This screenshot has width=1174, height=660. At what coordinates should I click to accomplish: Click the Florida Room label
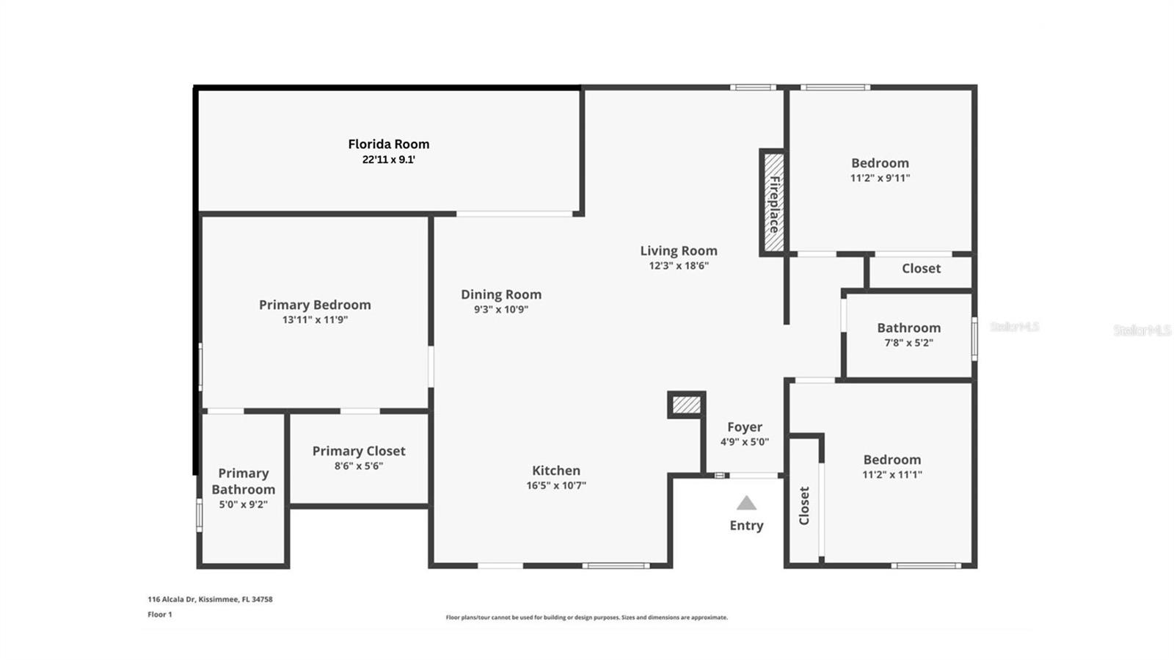pyautogui.click(x=388, y=144)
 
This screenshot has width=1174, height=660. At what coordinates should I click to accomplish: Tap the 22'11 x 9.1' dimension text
pyautogui.click(x=388, y=159)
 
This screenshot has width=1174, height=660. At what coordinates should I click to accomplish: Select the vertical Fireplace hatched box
pyautogui.click(x=773, y=203)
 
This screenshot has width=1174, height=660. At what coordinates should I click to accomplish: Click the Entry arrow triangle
pyautogui.click(x=746, y=503)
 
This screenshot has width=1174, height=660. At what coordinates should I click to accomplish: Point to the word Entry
pyautogui.click(x=746, y=525)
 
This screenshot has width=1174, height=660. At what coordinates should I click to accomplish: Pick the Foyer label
pyautogui.click(x=744, y=427)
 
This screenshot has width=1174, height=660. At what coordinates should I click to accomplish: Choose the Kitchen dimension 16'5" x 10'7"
pyautogui.click(x=555, y=485)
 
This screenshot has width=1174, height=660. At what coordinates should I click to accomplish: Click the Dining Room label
pyautogui.click(x=501, y=294)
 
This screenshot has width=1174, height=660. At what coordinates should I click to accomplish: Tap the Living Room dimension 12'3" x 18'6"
pyautogui.click(x=679, y=266)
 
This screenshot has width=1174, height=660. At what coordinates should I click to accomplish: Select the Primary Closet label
pyautogui.click(x=359, y=451)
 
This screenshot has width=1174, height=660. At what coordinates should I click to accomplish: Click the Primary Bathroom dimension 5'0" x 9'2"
pyautogui.click(x=243, y=504)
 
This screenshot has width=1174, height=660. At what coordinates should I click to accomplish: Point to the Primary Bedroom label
pyautogui.click(x=315, y=305)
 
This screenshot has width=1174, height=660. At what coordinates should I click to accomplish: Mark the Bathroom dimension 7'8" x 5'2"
pyautogui.click(x=908, y=343)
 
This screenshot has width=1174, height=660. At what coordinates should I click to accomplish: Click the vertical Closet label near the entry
pyautogui.click(x=804, y=505)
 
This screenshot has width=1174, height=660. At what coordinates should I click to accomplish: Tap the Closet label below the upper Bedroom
pyautogui.click(x=921, y=269)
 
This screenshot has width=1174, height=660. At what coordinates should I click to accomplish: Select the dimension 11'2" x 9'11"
pyautogui.click(x=880, y=178)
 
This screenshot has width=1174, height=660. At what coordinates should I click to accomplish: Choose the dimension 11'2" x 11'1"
pyautogui.click(x=892, y=474)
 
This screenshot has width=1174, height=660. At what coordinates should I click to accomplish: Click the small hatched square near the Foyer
pyautogui.click(x=687, y=405)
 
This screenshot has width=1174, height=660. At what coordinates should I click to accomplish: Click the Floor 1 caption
pyautogui.click(x=160, y=614)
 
